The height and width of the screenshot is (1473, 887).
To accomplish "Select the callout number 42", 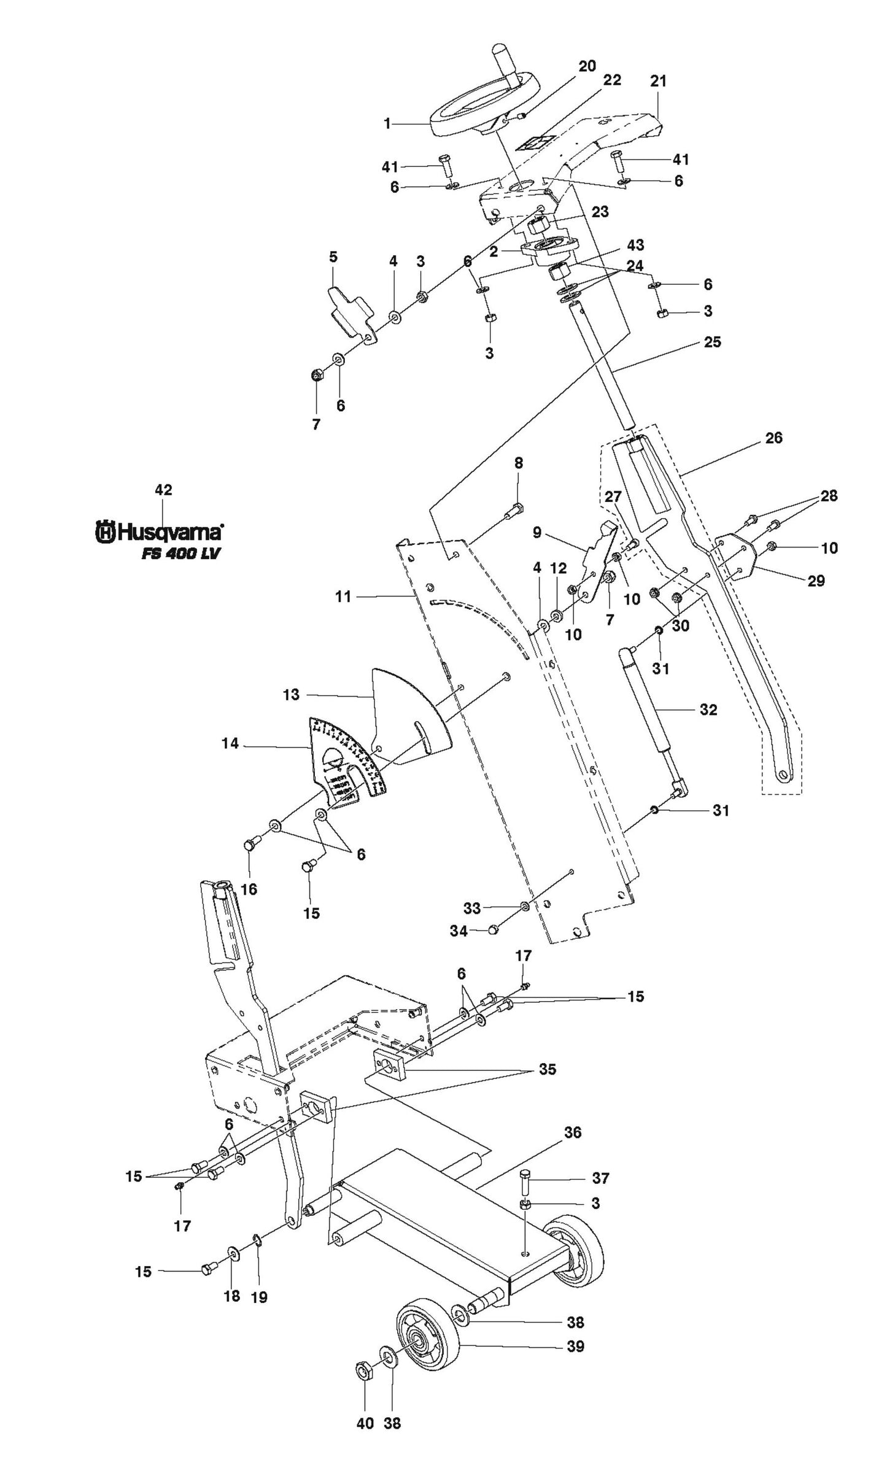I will coord(163,490).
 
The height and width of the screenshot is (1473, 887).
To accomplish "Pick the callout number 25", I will coord(712,342).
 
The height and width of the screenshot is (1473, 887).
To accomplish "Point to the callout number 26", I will coord(774,438).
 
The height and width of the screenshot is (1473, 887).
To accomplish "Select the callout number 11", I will coord(343,595).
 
